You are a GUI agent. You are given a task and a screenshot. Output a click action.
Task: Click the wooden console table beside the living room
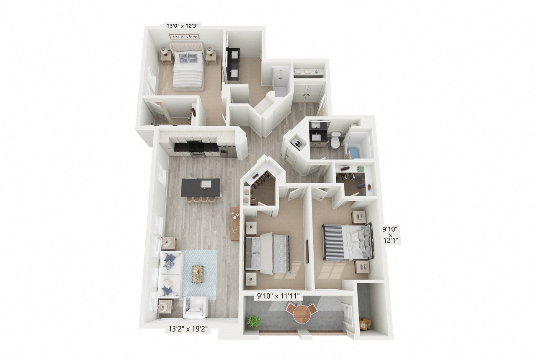(x=235, y=223)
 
